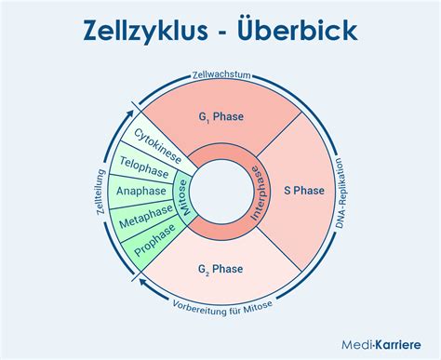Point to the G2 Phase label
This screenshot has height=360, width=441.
point(220,270)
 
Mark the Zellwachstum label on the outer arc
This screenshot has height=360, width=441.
point(220,75)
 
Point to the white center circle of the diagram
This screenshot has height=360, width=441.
point(220,190)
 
